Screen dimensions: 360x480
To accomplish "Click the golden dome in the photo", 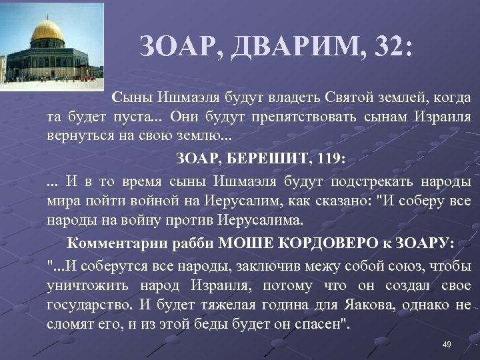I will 47,31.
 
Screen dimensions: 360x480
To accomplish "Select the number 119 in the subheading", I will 331,159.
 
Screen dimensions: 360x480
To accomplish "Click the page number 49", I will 447,344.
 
